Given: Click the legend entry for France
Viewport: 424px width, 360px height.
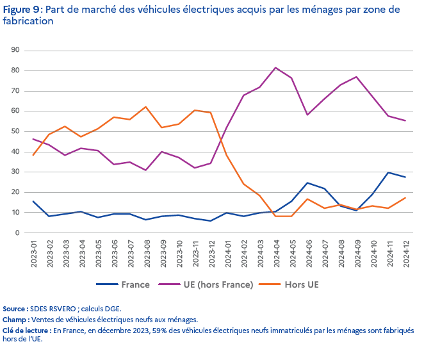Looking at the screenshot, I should [135, 283].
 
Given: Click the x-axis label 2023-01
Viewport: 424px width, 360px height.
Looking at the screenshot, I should [33, 252].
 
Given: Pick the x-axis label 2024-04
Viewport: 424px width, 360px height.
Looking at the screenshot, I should [276, 252].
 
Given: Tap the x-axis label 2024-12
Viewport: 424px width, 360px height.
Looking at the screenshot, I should [405, 252].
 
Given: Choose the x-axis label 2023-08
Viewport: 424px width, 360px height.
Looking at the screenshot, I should [146, 252].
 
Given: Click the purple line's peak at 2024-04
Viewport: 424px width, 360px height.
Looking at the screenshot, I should [275, 67].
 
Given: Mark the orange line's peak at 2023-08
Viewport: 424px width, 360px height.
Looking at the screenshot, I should [146, 107].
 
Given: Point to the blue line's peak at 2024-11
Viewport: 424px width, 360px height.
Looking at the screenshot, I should [389, 172].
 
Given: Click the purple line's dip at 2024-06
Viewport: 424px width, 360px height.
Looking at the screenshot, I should [308, 115].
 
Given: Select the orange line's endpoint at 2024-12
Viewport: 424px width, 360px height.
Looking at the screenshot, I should [405, 198].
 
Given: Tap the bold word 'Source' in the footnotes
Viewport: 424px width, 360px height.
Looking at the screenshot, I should [15, 309].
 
